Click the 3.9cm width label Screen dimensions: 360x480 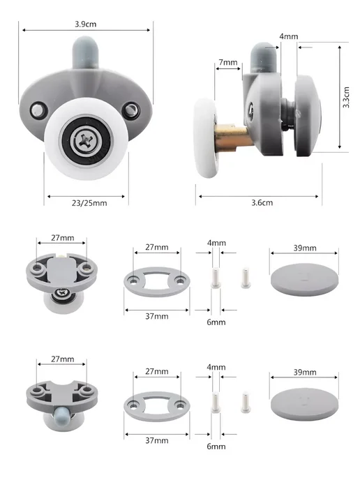85,24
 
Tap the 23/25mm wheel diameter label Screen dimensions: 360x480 89,203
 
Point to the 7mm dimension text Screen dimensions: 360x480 228,63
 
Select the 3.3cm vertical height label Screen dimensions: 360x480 346,97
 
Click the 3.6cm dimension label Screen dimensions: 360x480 262,202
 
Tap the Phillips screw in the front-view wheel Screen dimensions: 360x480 86,141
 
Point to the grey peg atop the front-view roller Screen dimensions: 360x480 85,52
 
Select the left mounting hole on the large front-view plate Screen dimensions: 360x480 38,110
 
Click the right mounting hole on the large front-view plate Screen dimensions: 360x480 130,110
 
